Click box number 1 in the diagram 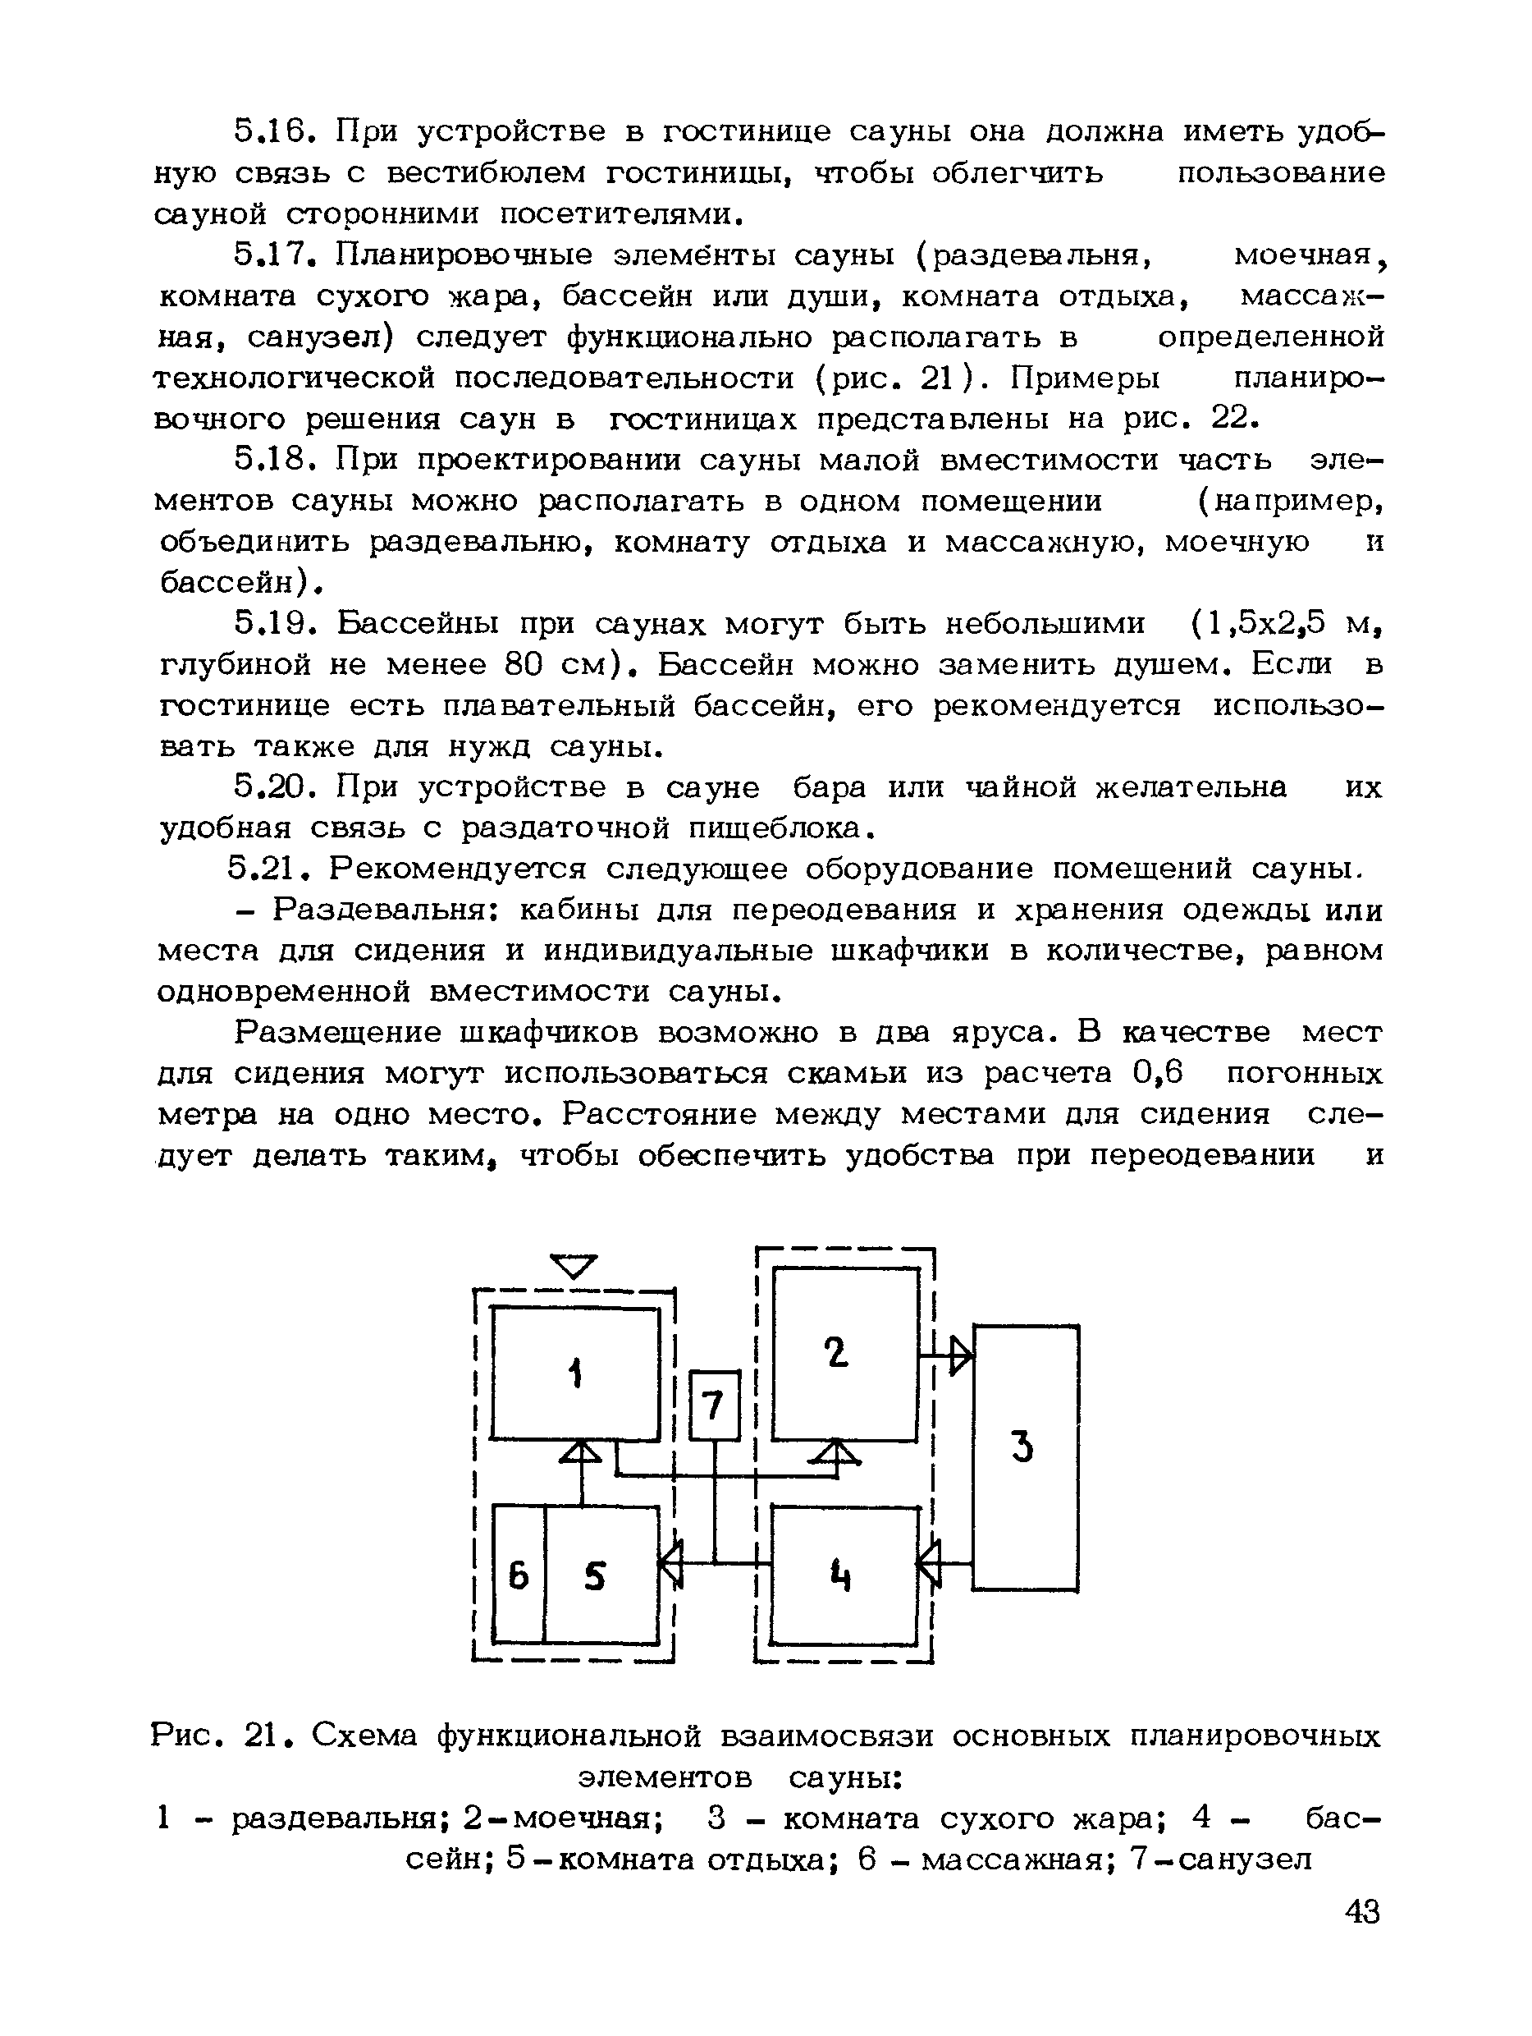(575, 1374)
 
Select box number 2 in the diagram (844, 1353)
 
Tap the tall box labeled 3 (1025, 1457)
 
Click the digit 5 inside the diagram (595, 1578)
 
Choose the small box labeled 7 (714, 1405)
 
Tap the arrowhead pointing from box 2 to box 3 (961, 1355)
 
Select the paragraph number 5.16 (272, 131)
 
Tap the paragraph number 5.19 (272, 624)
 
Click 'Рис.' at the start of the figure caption (185, 1736)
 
